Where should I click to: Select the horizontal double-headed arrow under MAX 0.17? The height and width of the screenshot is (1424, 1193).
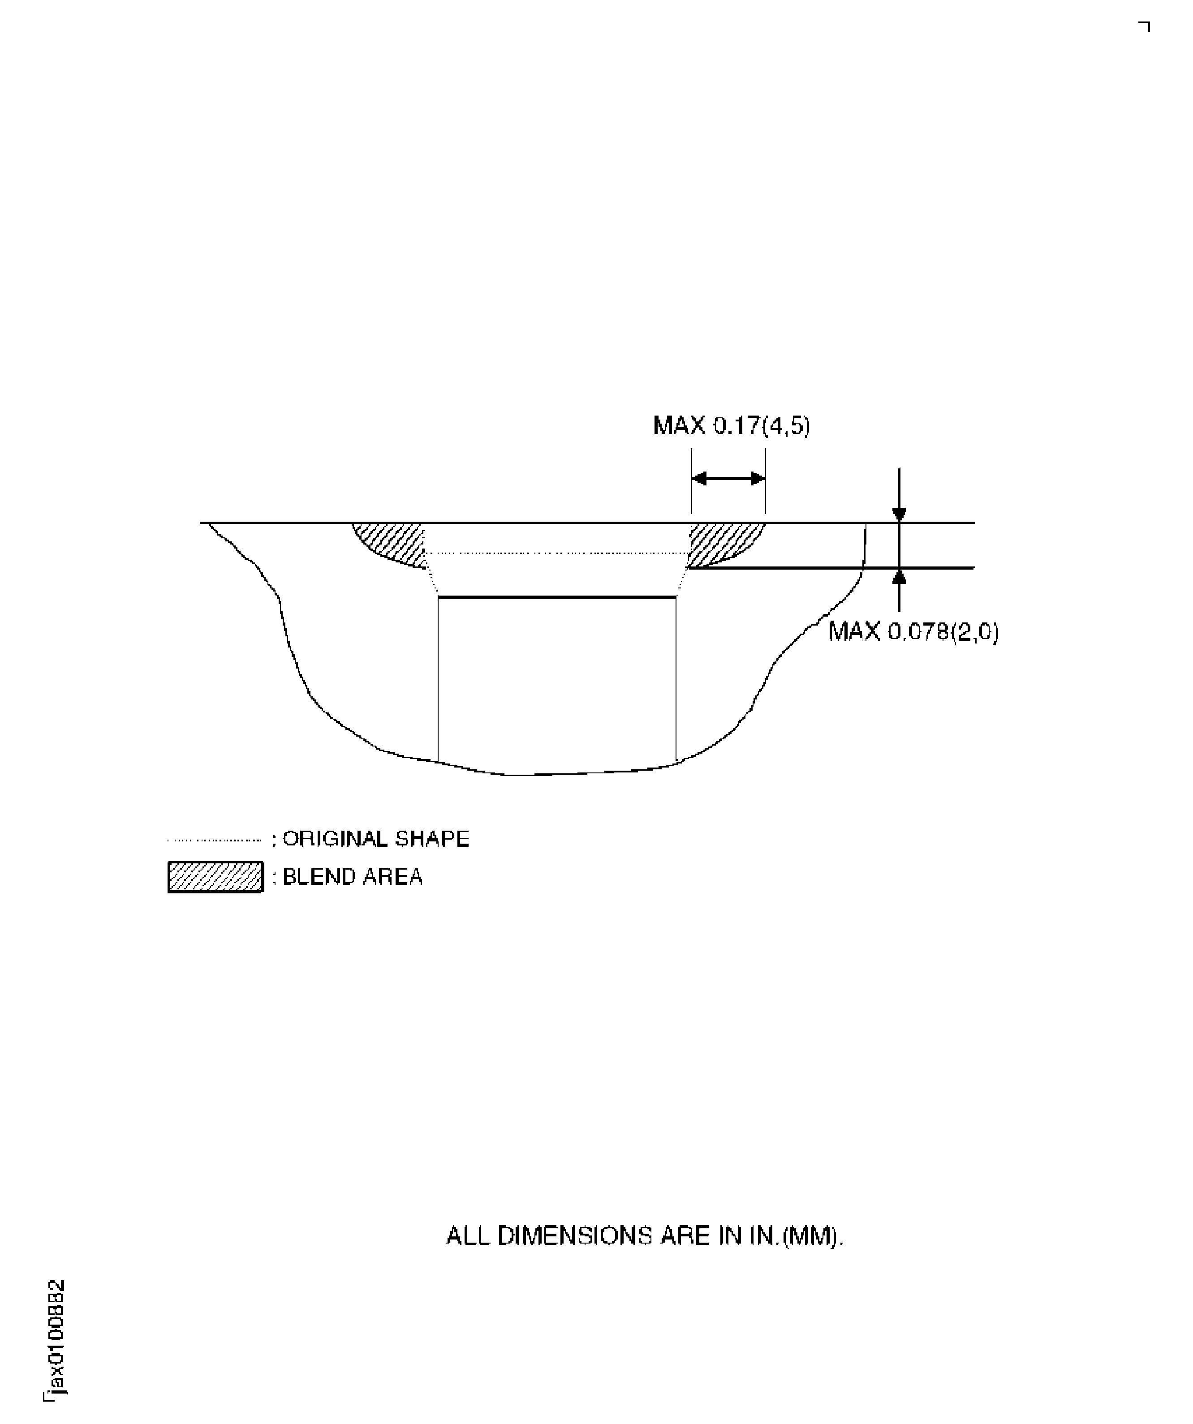[x=728, y=479]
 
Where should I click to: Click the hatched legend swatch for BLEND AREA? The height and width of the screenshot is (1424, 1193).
[x=215, y=877]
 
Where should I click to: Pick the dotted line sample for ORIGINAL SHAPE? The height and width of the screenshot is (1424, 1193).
[x=214, y=840]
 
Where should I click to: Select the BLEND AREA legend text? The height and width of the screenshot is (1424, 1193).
[x=353, y=877]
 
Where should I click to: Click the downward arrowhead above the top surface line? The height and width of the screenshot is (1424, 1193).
[x=899, y=514]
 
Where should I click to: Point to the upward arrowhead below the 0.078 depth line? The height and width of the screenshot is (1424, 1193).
[x=899, y=576]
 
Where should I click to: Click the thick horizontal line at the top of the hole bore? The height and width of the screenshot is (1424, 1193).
[x=557, y=597]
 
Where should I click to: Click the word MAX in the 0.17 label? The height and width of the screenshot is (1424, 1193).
[x=679, y=426]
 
